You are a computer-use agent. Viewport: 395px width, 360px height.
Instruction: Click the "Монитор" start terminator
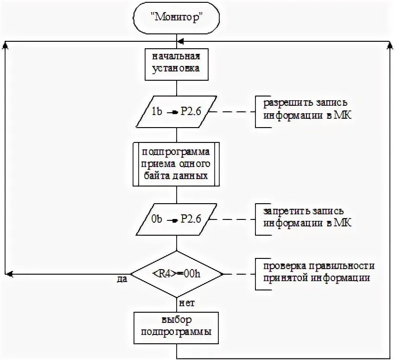176,19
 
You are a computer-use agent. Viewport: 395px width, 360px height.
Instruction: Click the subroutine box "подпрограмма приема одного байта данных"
176,164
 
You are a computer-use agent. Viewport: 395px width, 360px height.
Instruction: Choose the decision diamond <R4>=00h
176,273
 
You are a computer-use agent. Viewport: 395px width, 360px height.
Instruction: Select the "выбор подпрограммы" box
176,327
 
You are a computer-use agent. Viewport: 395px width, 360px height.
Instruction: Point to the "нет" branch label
185,303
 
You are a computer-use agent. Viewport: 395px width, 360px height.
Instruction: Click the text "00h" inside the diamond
191,273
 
